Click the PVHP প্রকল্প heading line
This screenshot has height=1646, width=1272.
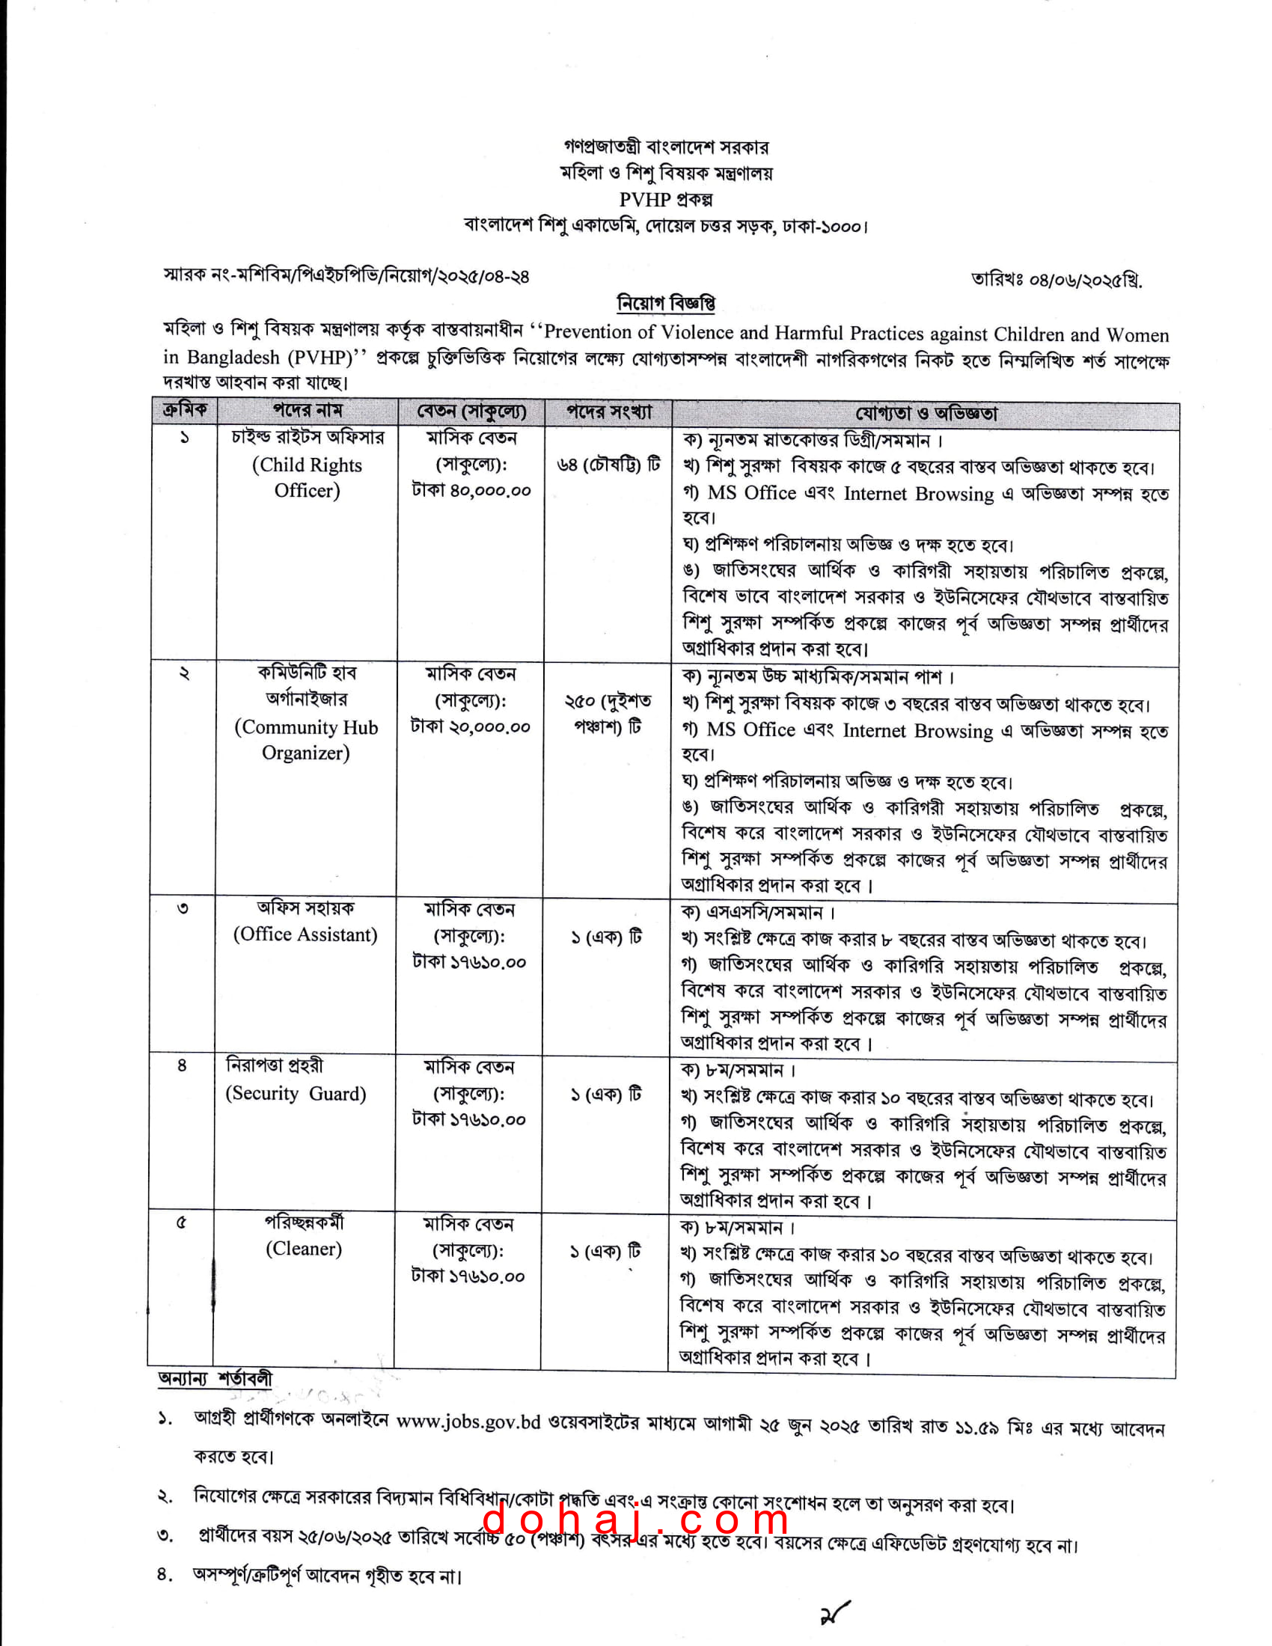pos(665,199)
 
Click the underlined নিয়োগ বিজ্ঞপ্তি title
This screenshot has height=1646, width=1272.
pos(665,303)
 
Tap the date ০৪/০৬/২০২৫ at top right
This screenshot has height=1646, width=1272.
pos(1056,281)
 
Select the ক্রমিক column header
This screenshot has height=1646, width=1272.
pos(184,411)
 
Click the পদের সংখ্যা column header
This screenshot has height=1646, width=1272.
pos(608,411)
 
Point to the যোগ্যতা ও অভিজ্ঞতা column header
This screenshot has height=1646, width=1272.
pos(926,413)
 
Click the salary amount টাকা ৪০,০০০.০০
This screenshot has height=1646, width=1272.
pos(471,491)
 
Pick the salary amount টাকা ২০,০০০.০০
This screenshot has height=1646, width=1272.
pos(470,727)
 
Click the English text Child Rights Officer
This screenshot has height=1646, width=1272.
pos(307,478)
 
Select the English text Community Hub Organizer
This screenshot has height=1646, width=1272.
pos(306,740)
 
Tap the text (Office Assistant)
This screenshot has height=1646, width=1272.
pos(305,934)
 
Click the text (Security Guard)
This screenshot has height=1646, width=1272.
pos(296,1094)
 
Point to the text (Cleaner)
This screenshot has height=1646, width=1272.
pos(304,1249)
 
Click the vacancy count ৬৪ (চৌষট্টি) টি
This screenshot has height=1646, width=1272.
pos(608,465)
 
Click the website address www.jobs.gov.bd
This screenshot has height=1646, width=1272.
pos(468,1422)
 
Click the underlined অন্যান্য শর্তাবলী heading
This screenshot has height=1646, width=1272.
pos(215,1378)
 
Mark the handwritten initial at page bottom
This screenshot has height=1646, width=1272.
pos(834,1614)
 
